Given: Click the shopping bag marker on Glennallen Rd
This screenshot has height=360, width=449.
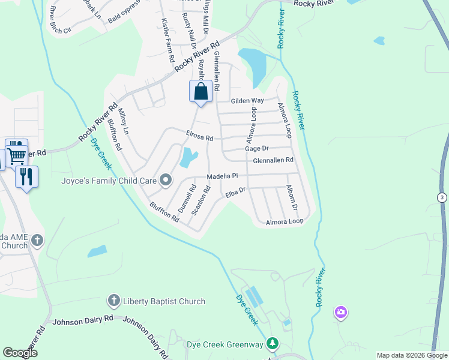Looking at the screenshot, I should tap(201, 92).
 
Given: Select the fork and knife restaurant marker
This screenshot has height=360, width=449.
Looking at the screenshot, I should tap(26, 176).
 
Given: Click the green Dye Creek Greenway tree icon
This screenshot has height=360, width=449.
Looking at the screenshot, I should tap(273, 344).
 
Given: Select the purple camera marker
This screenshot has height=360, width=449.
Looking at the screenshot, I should tap(341, 312).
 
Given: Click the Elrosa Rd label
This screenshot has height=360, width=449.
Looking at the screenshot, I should tap(200, 137).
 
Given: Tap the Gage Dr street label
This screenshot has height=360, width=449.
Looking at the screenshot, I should tap(256, 148).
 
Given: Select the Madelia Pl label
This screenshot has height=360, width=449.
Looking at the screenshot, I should tap(223, 176).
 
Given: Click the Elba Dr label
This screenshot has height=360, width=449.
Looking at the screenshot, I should tap(235, 192).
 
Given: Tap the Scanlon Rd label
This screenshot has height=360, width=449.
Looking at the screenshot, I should tap(200, 200).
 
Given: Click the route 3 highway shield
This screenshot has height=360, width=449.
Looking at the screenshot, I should tap(442, 197).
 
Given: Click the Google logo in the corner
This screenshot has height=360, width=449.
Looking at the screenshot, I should tap(20, 353).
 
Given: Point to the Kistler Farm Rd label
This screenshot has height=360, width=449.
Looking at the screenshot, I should tap(167, 40).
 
